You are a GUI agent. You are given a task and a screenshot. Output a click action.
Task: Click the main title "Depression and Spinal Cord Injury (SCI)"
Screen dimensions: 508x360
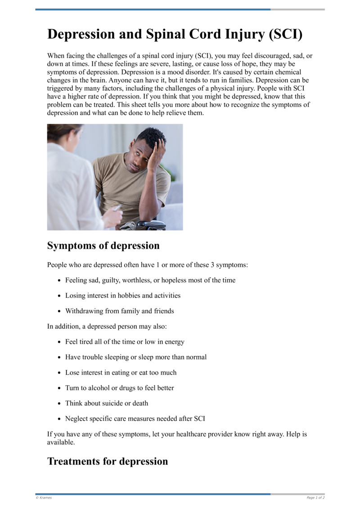point(175,35)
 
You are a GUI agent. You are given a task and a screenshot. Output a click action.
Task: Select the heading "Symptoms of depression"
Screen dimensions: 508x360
point(103,246)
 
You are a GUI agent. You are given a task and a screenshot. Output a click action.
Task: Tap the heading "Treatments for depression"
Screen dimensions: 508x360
point(107,461)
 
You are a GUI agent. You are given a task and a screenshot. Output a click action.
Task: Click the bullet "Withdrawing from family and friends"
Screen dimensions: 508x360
point(119,311)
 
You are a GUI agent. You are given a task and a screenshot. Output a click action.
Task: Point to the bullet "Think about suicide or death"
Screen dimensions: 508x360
point(106,403)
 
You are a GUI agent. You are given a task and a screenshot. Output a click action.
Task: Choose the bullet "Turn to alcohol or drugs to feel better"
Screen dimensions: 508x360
point(119,388)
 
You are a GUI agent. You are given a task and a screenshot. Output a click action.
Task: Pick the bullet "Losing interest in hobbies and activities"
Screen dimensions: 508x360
point(122,296)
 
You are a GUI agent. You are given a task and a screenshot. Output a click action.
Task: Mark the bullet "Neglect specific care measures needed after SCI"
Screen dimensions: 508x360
point(135,419)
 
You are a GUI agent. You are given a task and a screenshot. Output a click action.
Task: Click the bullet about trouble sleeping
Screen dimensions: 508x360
point(136,357)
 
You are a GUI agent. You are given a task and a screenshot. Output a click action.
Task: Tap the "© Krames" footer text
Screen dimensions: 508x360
point(44,498)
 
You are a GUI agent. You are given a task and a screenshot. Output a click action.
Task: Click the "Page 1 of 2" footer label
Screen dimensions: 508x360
point(315,498)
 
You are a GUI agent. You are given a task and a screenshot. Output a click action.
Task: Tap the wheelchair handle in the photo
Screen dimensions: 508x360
point(148,224)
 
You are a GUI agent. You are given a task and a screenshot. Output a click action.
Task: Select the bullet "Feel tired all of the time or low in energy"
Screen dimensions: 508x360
point(125,342)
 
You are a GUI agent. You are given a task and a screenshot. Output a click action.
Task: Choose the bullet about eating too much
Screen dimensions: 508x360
point(121,373)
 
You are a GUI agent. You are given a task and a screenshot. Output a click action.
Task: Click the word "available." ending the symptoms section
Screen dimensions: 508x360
point(61,442)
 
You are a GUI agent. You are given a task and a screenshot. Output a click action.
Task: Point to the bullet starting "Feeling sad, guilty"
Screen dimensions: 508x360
point(150,280)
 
